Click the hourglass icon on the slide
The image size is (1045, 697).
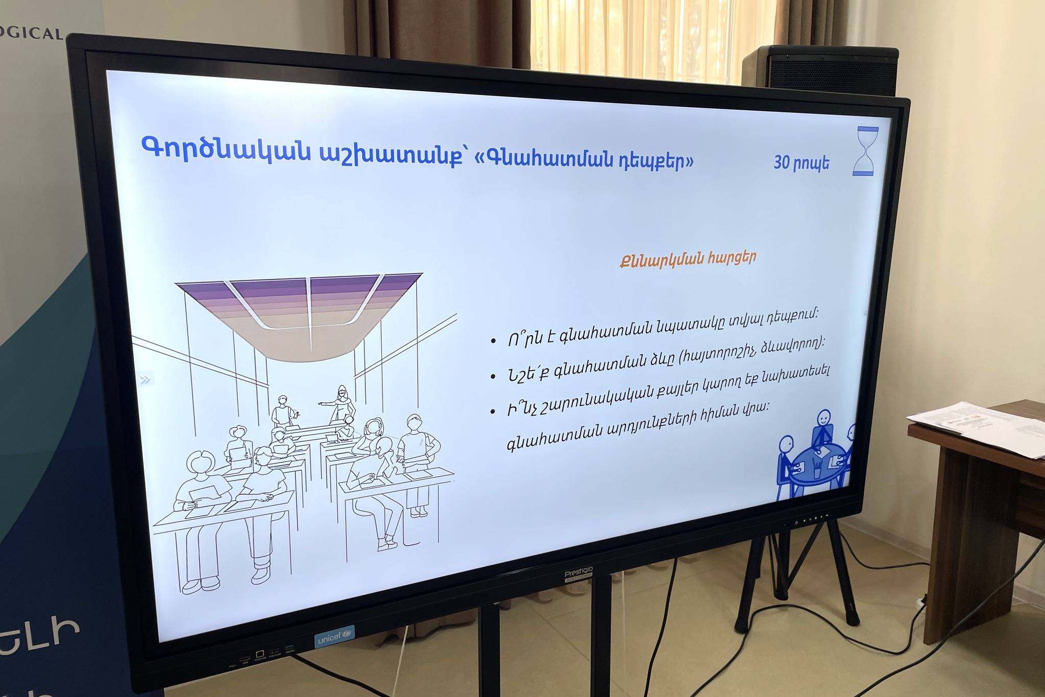tap(866, 152)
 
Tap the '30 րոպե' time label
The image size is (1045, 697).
tap(801, 162)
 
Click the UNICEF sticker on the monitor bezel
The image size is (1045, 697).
tap(334, 637)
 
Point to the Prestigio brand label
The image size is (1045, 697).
tap(579, 573)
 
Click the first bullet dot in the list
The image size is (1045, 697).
tap(493, 341)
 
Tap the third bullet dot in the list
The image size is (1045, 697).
tap(493, 411)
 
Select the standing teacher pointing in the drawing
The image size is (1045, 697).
tap(341, 404)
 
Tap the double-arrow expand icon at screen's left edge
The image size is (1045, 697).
tap(146, 379)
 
